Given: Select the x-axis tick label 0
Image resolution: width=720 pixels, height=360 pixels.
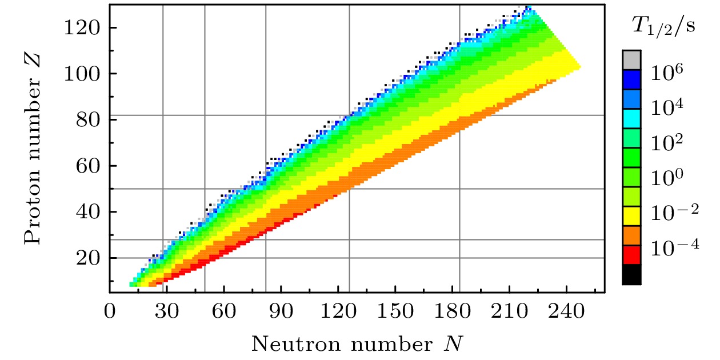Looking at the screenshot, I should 109,313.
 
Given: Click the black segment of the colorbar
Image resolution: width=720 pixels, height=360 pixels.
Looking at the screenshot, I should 631,274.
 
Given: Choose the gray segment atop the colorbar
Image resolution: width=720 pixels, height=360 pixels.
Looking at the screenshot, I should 631,60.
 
